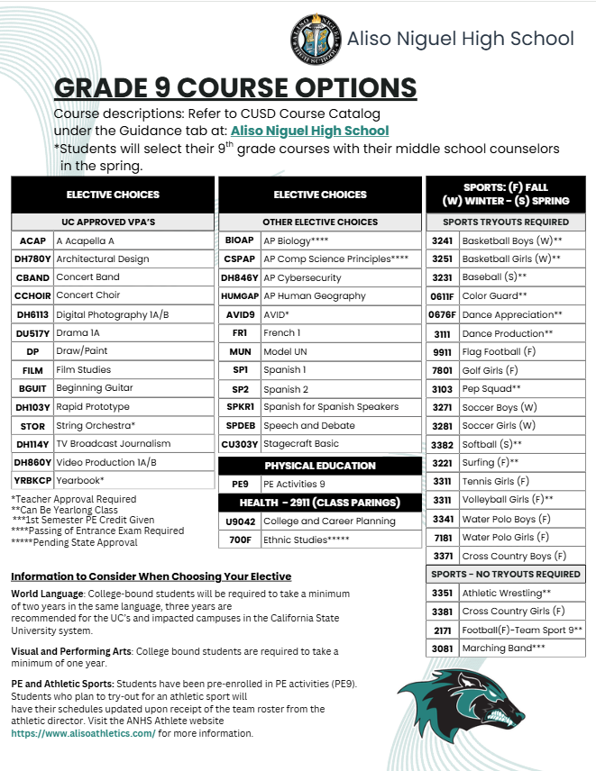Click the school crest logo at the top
tap(316, 40)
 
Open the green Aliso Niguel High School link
tap(309, 131)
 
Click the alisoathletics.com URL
tap(83, 734)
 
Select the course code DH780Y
tap(32, 259)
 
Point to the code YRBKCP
tap(32, 480)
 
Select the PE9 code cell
tap(239, 484)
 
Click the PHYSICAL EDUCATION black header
tap(320, 466)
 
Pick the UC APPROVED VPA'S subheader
tap(113, 222)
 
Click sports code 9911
tap(442, 351)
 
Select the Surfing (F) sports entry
tap(490, 462)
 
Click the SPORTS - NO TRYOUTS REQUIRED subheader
tap(505, 574)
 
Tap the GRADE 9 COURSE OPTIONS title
tap(235, 87)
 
